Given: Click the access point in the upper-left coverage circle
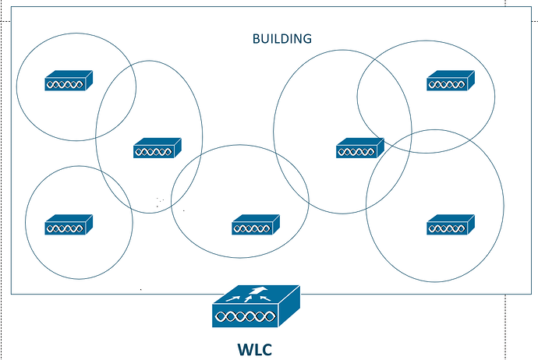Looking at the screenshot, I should point(69,80).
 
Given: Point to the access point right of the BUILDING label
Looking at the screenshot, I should point(360,147).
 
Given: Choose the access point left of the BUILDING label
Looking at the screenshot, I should point(158,147).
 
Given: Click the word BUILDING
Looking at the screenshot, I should point(281,38).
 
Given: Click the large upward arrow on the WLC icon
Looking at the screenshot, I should point(257,292).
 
